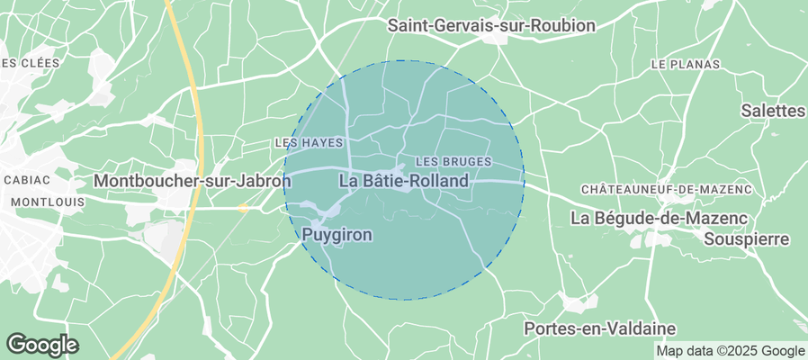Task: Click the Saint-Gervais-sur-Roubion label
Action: [491, 26]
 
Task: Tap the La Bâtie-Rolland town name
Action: [405, 181]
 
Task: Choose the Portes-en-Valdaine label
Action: [599, 328]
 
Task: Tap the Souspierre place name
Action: [746, 238]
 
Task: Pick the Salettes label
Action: [772, 111]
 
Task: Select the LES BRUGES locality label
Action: [453, 161]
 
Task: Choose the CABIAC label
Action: [26, 180]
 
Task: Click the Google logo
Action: [42, 344]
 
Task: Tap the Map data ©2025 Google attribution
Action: [730, 351]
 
